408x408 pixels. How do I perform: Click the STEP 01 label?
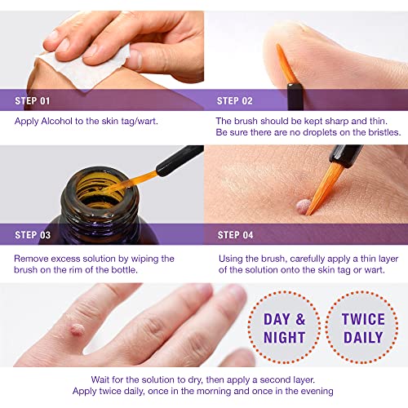click(x=33, y=101)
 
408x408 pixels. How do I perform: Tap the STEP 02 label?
click(x=234, y=101)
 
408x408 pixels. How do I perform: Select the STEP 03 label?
click(x=33, y=235)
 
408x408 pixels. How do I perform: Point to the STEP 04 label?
click(x=235, y=235)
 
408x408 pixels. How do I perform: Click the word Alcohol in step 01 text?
click(x=57, y=121)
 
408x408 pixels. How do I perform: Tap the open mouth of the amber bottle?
click(x=100, y=190)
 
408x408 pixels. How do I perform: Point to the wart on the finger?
click(x=77, y=330)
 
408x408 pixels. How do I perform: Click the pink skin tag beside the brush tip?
click(x=303, y=206)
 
